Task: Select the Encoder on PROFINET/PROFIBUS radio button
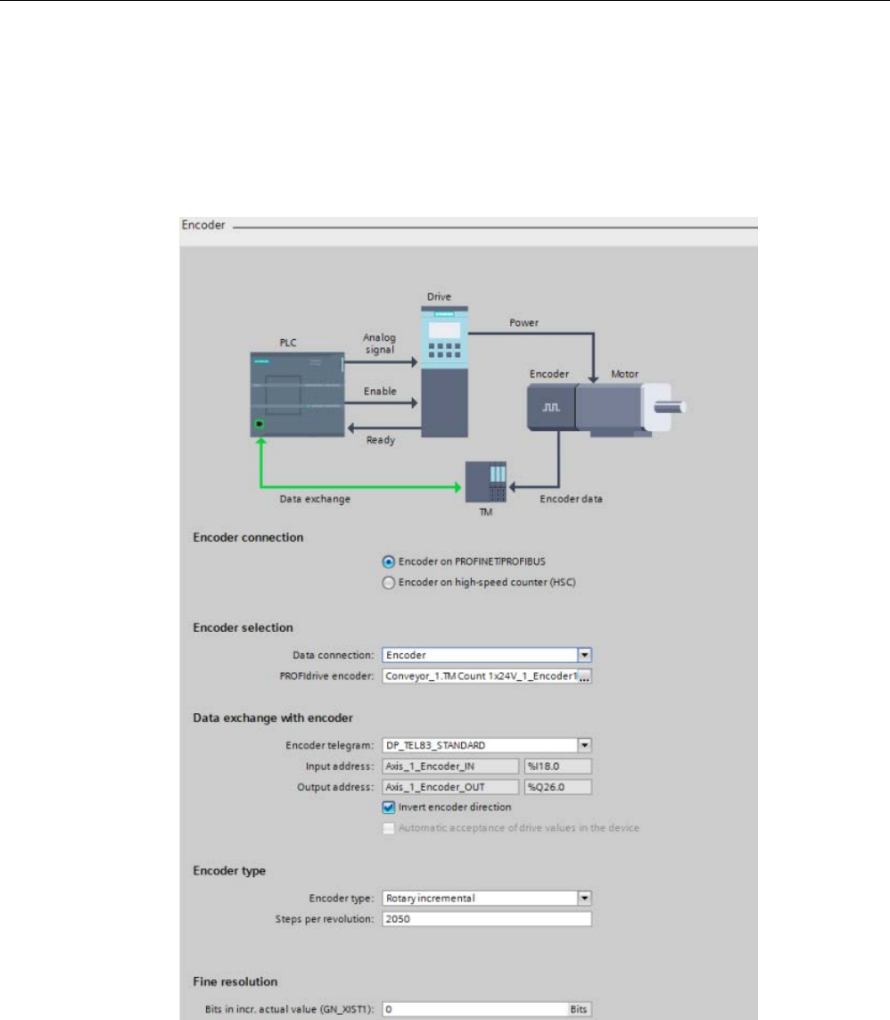[x=388, y=561]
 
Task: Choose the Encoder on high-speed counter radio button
[x=388, y=583]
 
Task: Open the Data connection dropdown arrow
[x=585, y=655]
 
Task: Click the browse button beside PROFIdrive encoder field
[x=585, y=677]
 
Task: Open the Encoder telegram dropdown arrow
[x=585, y=744]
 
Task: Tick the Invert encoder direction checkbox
[x=388, y=808]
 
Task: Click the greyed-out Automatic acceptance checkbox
[x=388, y=828]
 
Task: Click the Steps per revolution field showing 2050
[x=487, y=919]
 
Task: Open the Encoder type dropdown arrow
[x=585, y=898]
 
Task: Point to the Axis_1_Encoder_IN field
[x=449, y=766]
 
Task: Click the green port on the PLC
[x=260, y=425]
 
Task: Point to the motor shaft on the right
[x=678, y=408]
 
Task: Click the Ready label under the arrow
[x=381, y=440]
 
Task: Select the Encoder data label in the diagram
[x=571, y=499]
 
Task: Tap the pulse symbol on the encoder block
[x=551, y=407]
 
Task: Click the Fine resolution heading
[x=235, y=982]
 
